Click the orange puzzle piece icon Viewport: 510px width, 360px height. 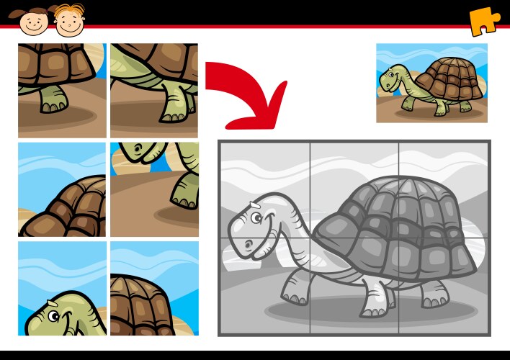point(484,21)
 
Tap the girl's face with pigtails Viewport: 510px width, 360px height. point(32,20)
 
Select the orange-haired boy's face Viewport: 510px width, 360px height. point(68,20)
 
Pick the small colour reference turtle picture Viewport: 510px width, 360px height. point(431,82)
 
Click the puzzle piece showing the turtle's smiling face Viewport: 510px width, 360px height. point(62,288)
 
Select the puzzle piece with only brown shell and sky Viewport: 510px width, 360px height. point(62,189)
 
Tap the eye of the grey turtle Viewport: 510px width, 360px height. point(254,217)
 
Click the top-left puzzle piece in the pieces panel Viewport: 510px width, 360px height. point(62,91)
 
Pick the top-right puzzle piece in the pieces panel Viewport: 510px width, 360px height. point(154,91)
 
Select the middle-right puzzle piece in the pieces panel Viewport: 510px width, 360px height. point(154,189)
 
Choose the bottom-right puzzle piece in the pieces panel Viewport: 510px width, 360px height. point(154,288)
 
